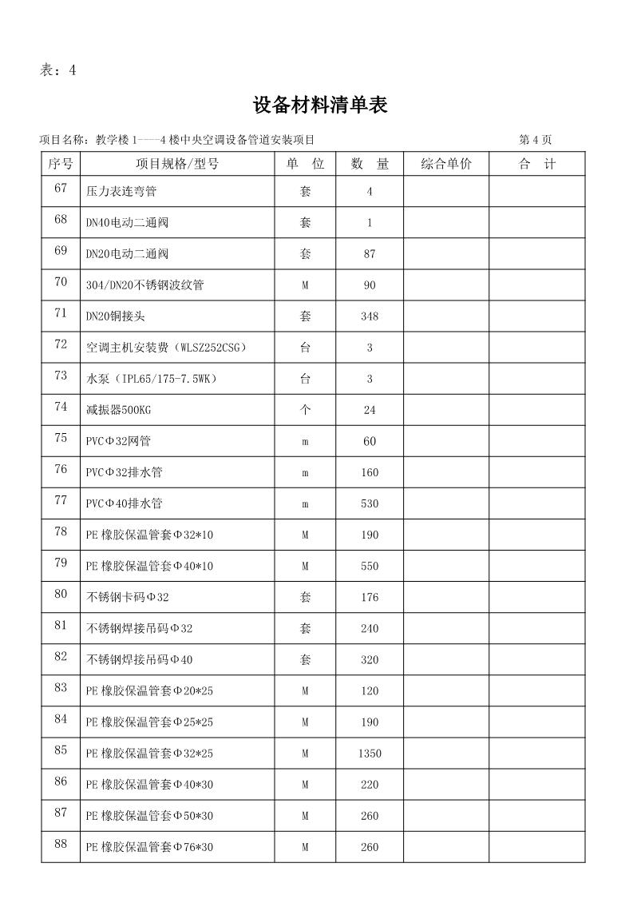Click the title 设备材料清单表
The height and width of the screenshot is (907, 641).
click(320, 105)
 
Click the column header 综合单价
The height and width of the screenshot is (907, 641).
click(446, 164)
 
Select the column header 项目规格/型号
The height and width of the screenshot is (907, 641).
click(177, 164)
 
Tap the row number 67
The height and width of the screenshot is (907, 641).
click(61, 189)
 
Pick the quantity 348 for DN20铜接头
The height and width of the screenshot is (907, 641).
click(369, 316)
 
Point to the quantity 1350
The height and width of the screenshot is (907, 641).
click(370, 754)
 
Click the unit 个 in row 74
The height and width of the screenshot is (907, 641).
click(305, 410)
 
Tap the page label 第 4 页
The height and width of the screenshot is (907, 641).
click(535, 140)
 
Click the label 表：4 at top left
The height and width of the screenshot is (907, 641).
click(57, 70)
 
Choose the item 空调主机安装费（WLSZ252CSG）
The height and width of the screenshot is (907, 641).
click(167, 348)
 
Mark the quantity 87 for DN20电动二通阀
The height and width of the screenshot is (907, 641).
click(369, 254)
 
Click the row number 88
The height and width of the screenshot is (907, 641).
click(61, 844)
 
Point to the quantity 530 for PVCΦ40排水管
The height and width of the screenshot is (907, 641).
click(369, 503)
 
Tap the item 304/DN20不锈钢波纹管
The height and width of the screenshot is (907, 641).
click(144, 285)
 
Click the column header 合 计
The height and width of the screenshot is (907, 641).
click(536, 164)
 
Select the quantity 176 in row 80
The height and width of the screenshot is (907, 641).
click(369, 597)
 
